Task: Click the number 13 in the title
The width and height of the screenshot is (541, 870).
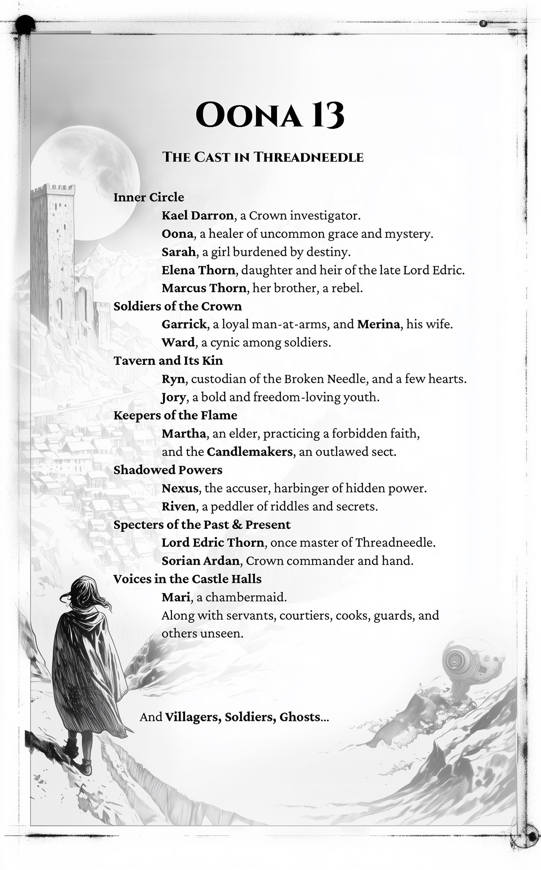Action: click(x=327, y=115)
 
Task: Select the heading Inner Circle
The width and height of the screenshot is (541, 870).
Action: click(x=148, y=197)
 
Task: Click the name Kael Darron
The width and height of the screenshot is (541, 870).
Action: click(x=197, y=215)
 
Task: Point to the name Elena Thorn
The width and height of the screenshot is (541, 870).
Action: click(x=198, y=270)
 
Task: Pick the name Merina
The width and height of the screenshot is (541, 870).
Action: click(x=378, y=324)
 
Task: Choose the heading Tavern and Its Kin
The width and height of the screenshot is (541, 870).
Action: click(x=168, y=360)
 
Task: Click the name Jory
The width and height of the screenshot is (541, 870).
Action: click(x=173, y=397)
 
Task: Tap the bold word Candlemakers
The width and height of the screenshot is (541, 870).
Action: click(x=249, y=452)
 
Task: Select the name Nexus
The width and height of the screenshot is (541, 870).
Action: click(x=180, y=488)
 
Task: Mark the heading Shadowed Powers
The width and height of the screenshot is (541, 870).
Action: click(x=168, y=470)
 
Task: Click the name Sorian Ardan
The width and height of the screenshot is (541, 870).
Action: click(x=201, y=561)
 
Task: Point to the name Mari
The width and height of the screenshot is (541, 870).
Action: click(x=176, y=597)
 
